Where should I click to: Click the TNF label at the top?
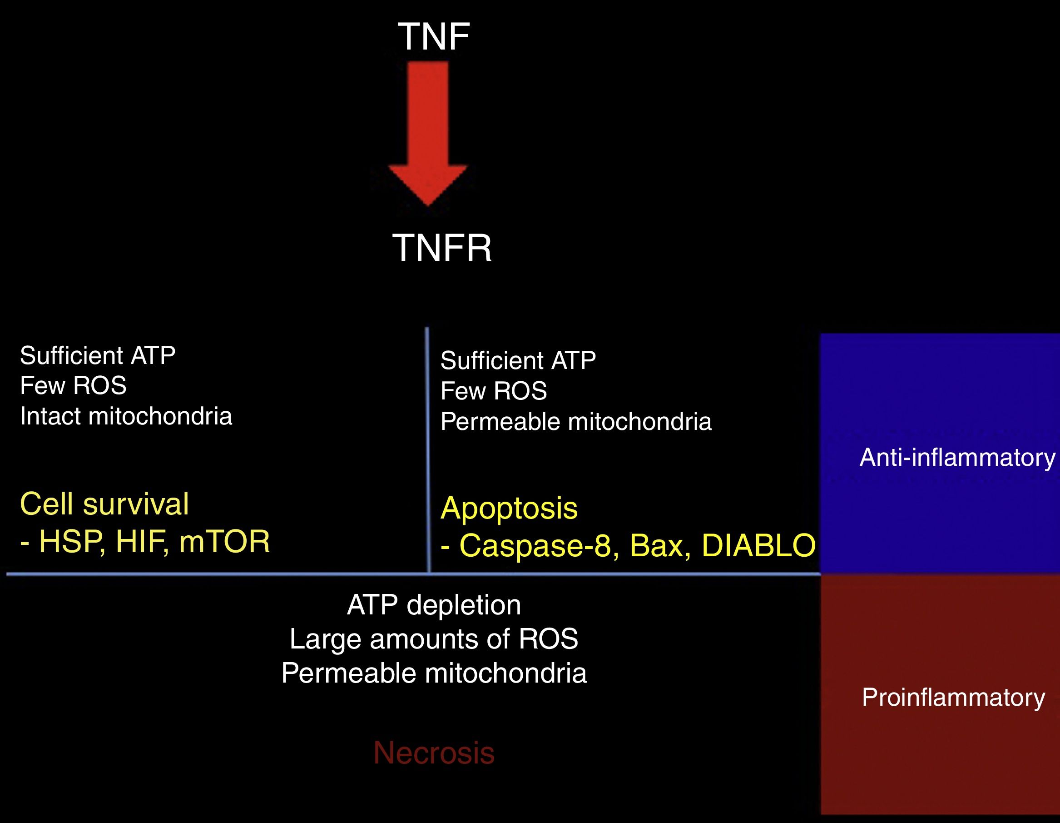pos(433,36)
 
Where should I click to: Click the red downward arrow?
pos(428,131)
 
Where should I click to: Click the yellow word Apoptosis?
pos(509,508)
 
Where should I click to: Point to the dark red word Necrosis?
pos(434,753)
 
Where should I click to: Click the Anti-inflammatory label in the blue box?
pos(957,457)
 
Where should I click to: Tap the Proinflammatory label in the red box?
pos(953,698)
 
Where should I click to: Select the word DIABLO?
pos(758,545)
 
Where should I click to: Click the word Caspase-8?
pos(539,545)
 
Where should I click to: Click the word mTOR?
pos(224,541)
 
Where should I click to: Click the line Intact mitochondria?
pos(126,416)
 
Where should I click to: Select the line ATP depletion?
pos(434,605)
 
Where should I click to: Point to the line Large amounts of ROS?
pos(434,639)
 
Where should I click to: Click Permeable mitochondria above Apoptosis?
pos(575,421)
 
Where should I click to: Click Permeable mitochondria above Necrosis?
pos(434,673)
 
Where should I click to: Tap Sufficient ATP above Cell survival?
pos(98,355)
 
